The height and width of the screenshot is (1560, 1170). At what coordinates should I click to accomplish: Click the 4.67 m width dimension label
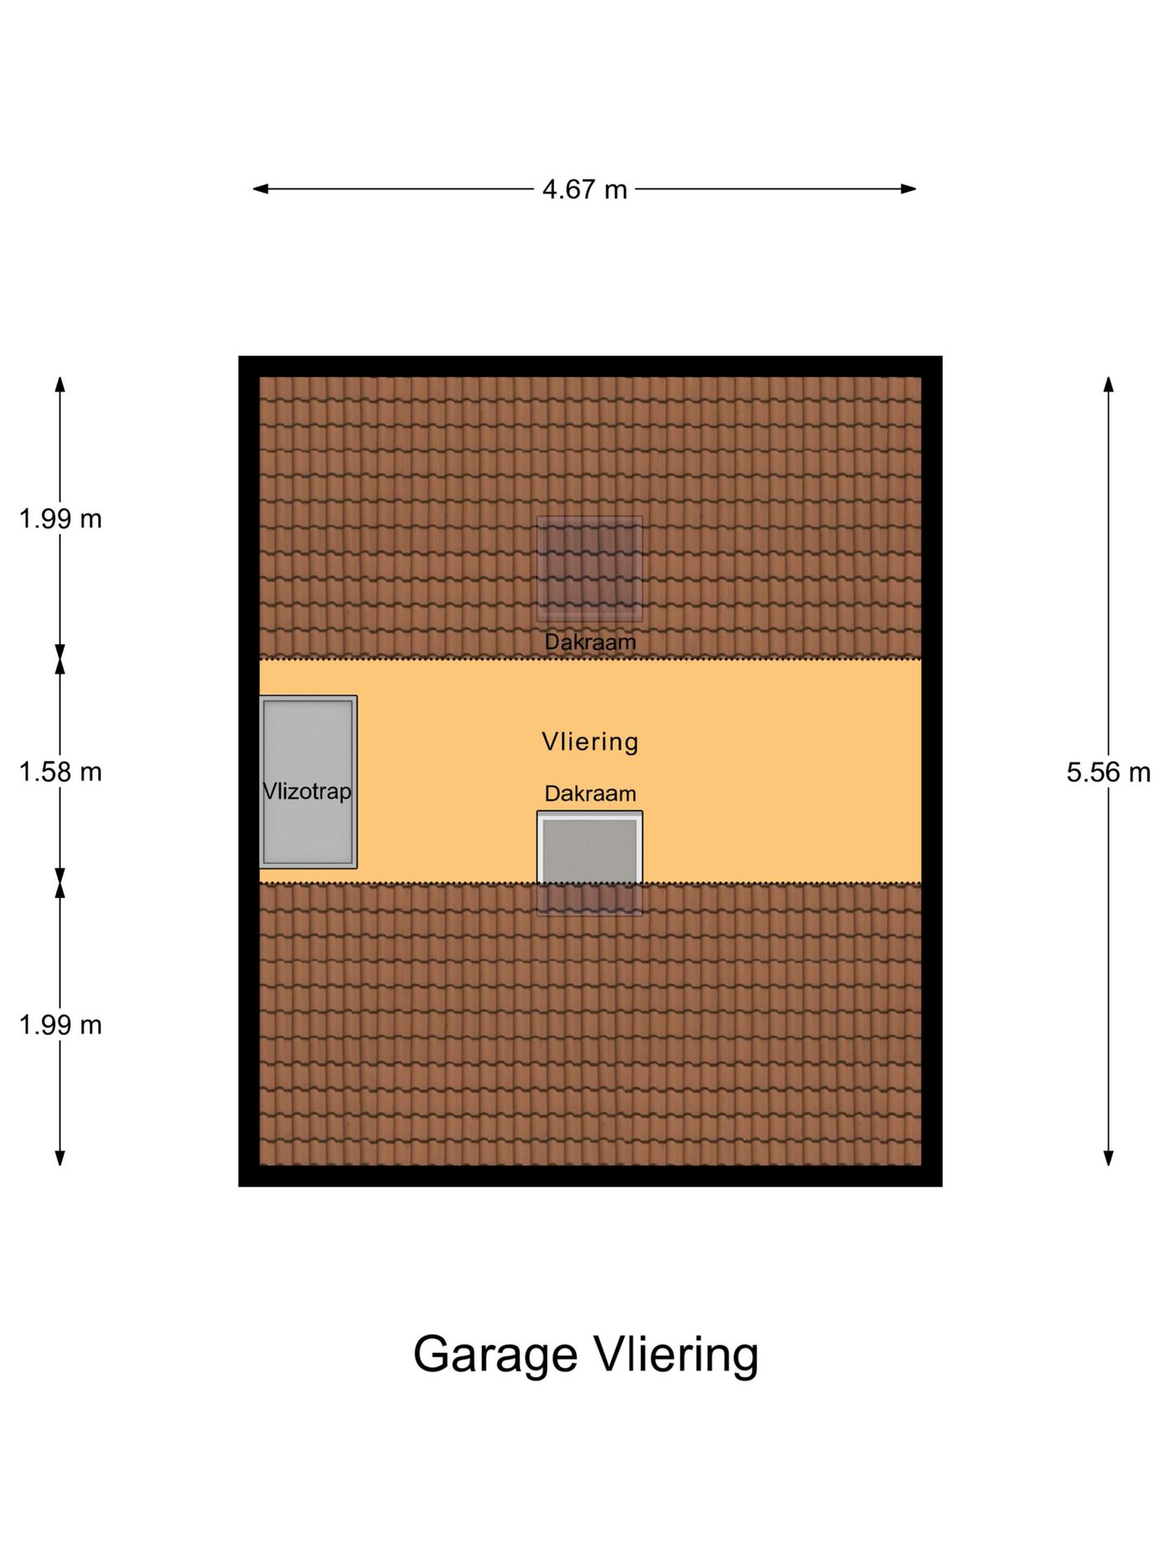(x=584, y=189)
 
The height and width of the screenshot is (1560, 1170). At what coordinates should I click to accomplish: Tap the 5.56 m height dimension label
(x=1108, y=772)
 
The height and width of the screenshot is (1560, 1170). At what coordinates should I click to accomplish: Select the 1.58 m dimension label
(x=61, y=772)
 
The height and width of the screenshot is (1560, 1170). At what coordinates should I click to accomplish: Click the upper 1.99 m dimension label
(x=61, y=518)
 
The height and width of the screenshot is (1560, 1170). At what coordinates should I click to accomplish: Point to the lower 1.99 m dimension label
(x=61, y=1025)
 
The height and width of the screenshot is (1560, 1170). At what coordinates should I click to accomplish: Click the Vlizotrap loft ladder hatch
(x=308, y=782)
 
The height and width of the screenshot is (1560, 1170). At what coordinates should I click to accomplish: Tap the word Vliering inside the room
(x=590, y=741)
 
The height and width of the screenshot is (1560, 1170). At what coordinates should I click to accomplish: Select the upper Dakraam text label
(x=590, y=642)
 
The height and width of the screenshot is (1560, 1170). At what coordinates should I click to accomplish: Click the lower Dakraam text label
(x=590, y=794)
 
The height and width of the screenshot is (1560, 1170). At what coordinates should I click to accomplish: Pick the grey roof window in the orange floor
(x=590, y=847)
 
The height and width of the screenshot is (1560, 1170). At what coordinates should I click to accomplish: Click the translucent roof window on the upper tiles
(x=590, y=569)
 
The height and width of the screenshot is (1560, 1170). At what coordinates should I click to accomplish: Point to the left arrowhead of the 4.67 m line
(x=260, y=189)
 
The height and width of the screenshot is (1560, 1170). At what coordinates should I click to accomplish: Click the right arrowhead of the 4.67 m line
(x=909, y=189)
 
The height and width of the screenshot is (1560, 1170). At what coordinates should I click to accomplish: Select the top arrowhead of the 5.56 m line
(x=1108, y=384)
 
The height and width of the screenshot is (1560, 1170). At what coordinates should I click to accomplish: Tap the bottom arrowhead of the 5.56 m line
(x=1108, y=1159)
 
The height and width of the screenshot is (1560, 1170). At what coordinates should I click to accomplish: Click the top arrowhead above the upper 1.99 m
(x=59, y=384)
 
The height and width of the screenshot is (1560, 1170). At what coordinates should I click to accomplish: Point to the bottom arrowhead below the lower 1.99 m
(x=59, y=1159)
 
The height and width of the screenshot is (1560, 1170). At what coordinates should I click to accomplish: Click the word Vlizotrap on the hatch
(x=308, y=791)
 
